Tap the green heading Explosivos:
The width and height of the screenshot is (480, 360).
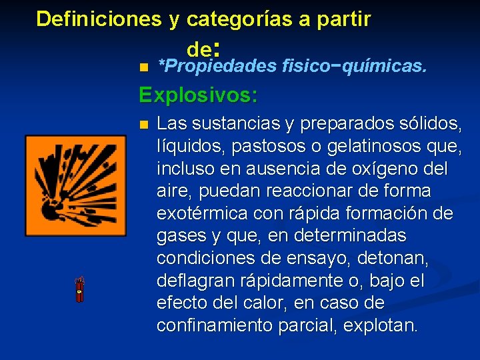click(x=198, y=95)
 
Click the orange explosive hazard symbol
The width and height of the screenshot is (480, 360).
click(x=75, y=185)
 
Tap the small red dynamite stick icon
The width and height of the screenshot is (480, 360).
click(x=80, y=289)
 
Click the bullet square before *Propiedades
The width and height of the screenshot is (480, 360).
click(x=143, y=67)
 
